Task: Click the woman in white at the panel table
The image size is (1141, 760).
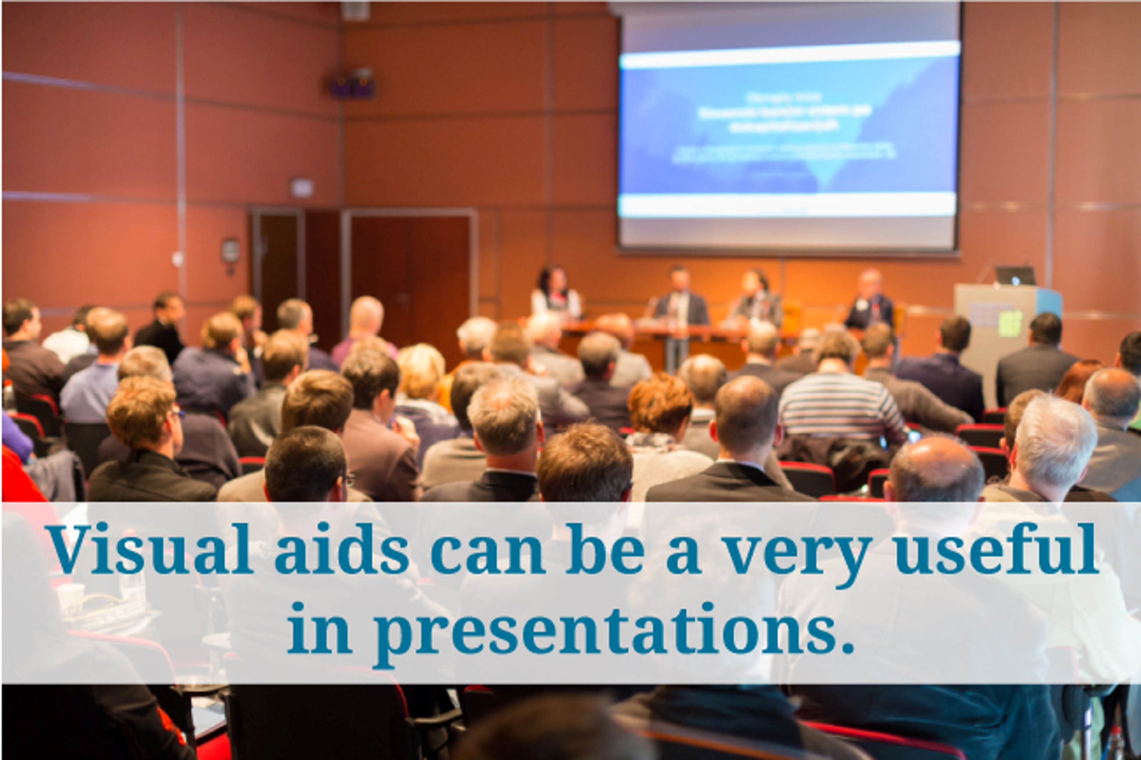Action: (x=556, y=294)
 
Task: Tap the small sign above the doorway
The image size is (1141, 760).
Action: (x=301, y=187)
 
